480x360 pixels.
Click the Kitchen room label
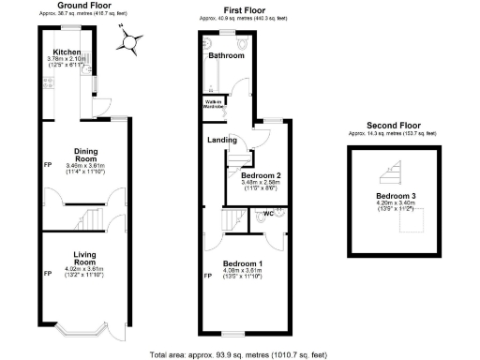66,52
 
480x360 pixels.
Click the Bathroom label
226,56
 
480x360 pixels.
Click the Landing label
221,141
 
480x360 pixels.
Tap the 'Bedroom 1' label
242,263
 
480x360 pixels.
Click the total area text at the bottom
240,354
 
